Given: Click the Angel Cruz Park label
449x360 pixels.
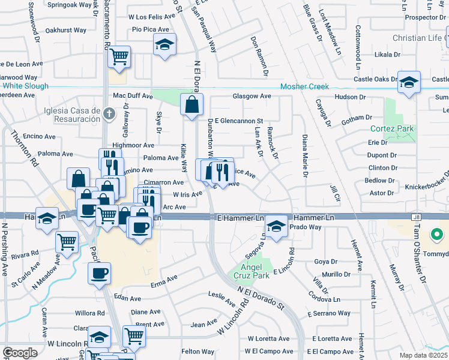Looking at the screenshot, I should pos(252,271).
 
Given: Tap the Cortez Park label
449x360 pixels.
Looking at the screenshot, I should pos(393,128).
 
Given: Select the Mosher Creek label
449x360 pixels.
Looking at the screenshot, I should pos(304,86).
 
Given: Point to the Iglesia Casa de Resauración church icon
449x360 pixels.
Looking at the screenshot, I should pos(109,113).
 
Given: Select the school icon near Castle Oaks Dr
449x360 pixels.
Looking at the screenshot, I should pos(409,82).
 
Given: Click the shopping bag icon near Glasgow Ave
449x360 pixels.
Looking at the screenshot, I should pos(191,104).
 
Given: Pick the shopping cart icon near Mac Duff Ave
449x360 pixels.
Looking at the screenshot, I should pos(119,57).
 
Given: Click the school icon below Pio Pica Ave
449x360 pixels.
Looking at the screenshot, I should pos(164,44).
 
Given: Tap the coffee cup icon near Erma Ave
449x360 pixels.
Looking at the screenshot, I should pos(99,273).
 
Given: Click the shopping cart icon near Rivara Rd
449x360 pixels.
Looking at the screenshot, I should pos(67,242).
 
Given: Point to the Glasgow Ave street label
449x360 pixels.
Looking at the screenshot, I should pos(252,96).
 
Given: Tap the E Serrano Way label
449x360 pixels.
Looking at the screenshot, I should pos(328,313).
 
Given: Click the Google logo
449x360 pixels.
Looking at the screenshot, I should pos(20,353).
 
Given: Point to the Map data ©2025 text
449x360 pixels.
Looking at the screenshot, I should pos(423,355).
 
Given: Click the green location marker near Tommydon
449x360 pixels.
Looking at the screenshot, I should pos(437,235).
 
